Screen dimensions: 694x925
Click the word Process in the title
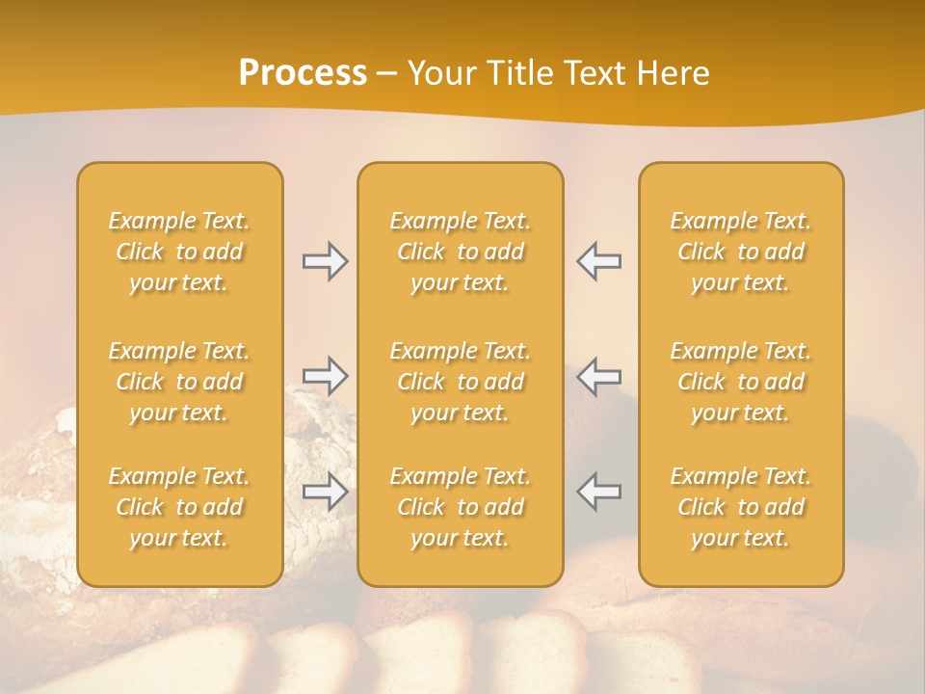pyautogui.click(x=303, y=73)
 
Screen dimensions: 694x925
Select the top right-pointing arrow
pyautogui.click(x=325, y=261)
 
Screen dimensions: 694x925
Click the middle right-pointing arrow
pyautogui.click(x=325, y=376)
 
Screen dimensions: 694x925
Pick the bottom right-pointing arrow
pyautogui.click(x=325, y=492)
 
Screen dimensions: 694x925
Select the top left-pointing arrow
pyautogui.click(x=599, y=261)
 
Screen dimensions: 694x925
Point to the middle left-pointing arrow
pyautogui.click(x=599, y=376)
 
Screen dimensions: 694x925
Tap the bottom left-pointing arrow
pyautogui.click(x=599, y=492)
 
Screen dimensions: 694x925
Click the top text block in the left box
pyautogui.click(x=179, y=252)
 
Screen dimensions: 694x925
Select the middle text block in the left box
pyautogui.click(x=179, y=382)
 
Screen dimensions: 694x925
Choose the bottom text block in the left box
pyautogui.click(x=179, y=507)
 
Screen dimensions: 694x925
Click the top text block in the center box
pyautogui.click(x=461, y=252)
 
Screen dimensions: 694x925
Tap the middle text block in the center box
pyautogui.click(x=461, y=382)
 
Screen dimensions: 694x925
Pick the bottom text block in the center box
pyautogui.click(x=461, y=507)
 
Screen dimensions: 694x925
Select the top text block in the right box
pyautogui.click(x=741, y=252)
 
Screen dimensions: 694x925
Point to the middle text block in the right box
pyautogui.click(x=741, y=382)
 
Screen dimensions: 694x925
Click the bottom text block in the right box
pyautogui.click(x=741, y=507)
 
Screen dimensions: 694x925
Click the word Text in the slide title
pyautogui.click(x=592, y=73)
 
